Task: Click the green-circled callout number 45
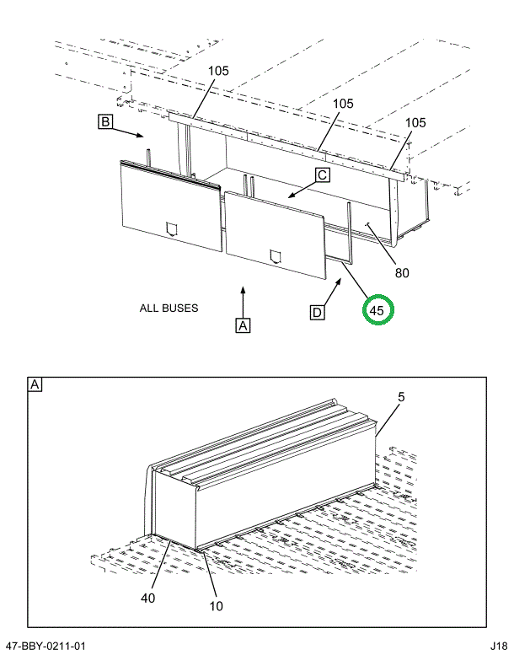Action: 377,311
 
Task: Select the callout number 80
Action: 403,272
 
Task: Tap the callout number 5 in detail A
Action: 401,396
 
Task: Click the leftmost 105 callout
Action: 218,71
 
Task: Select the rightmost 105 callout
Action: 415,122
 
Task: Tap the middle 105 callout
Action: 342,104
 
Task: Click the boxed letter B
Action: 105,123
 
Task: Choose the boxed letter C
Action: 323,175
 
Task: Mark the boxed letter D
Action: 318,313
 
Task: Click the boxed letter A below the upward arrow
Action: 243,325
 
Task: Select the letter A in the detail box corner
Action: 35,385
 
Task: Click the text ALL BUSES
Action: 169,308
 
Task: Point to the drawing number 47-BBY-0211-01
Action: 46,646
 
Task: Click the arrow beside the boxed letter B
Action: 131,132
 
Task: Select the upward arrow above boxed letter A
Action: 243,299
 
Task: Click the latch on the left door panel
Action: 173,228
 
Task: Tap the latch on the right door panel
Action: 275,255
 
